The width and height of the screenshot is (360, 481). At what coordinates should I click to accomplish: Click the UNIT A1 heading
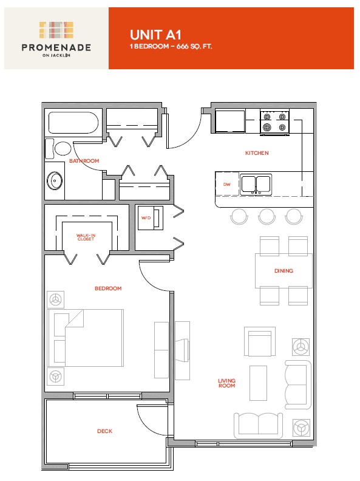tap(155, 35)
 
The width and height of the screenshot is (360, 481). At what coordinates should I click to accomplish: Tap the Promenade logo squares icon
tap(56, 30)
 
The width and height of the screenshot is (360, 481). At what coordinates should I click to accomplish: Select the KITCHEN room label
tap(257, 153)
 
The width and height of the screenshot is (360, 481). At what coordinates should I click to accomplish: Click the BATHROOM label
tap(84, 161)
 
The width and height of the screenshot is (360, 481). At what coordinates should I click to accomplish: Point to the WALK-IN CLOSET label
tap(86, 237)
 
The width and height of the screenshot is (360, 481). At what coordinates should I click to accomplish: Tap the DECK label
tap(104, 431)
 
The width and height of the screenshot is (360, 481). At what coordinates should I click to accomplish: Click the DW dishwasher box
tap(227, 184)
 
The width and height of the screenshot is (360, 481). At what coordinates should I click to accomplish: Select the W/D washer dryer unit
tap(151, 218)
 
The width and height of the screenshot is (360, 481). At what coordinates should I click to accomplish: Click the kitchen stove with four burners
tap(275, 122)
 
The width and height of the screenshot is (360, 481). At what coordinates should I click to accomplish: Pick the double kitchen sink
tap(256, 185)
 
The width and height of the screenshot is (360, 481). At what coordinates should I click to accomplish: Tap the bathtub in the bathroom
tap(73, 123)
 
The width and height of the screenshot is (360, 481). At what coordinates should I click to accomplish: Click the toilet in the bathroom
tap(58, 149)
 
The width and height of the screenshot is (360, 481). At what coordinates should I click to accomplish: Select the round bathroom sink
tap(55, 181)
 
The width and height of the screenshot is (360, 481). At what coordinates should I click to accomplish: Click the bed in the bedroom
tap(85, 338)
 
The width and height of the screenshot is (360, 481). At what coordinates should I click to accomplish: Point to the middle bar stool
tap(266, 216)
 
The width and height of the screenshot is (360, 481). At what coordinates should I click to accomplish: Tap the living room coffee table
tap(258, 383)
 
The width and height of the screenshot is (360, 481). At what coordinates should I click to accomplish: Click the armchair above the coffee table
tap(260, 342)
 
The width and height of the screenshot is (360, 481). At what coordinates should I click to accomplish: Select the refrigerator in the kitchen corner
tap(230, 121)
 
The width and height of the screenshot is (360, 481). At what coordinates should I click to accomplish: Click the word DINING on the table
tap(284, 271)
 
